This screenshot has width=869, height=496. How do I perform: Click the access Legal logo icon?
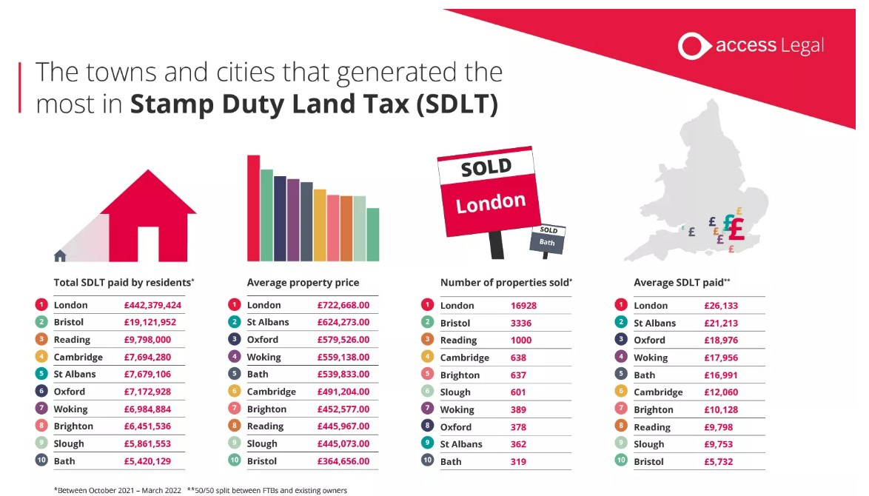[693, 46]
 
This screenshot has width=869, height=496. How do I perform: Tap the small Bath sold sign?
[548, 237]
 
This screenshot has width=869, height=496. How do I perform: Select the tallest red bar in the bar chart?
[253, 208]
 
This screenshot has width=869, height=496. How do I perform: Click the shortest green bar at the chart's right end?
[373, 234]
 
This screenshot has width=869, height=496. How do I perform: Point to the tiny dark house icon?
[60, 255]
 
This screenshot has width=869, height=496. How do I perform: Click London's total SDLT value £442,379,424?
[152, 305]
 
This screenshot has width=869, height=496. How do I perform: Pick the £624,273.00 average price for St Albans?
[343, 322]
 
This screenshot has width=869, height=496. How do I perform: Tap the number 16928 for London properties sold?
[524, 305]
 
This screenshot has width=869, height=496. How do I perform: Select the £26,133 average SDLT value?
[721, 305]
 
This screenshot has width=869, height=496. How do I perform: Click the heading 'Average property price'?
[303, 282]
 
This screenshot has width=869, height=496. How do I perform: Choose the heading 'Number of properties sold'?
[506, 282]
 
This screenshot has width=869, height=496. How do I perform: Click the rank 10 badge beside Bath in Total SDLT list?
[41, 461]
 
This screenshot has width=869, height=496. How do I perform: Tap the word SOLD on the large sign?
[486, 168]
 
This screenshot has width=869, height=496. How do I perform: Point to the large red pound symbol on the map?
[735, 228]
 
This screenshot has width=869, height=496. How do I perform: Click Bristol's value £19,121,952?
[150, 322]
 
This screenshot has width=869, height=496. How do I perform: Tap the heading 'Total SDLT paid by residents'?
[123, 282]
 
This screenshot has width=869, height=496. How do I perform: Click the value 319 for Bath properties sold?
[518, 461]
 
